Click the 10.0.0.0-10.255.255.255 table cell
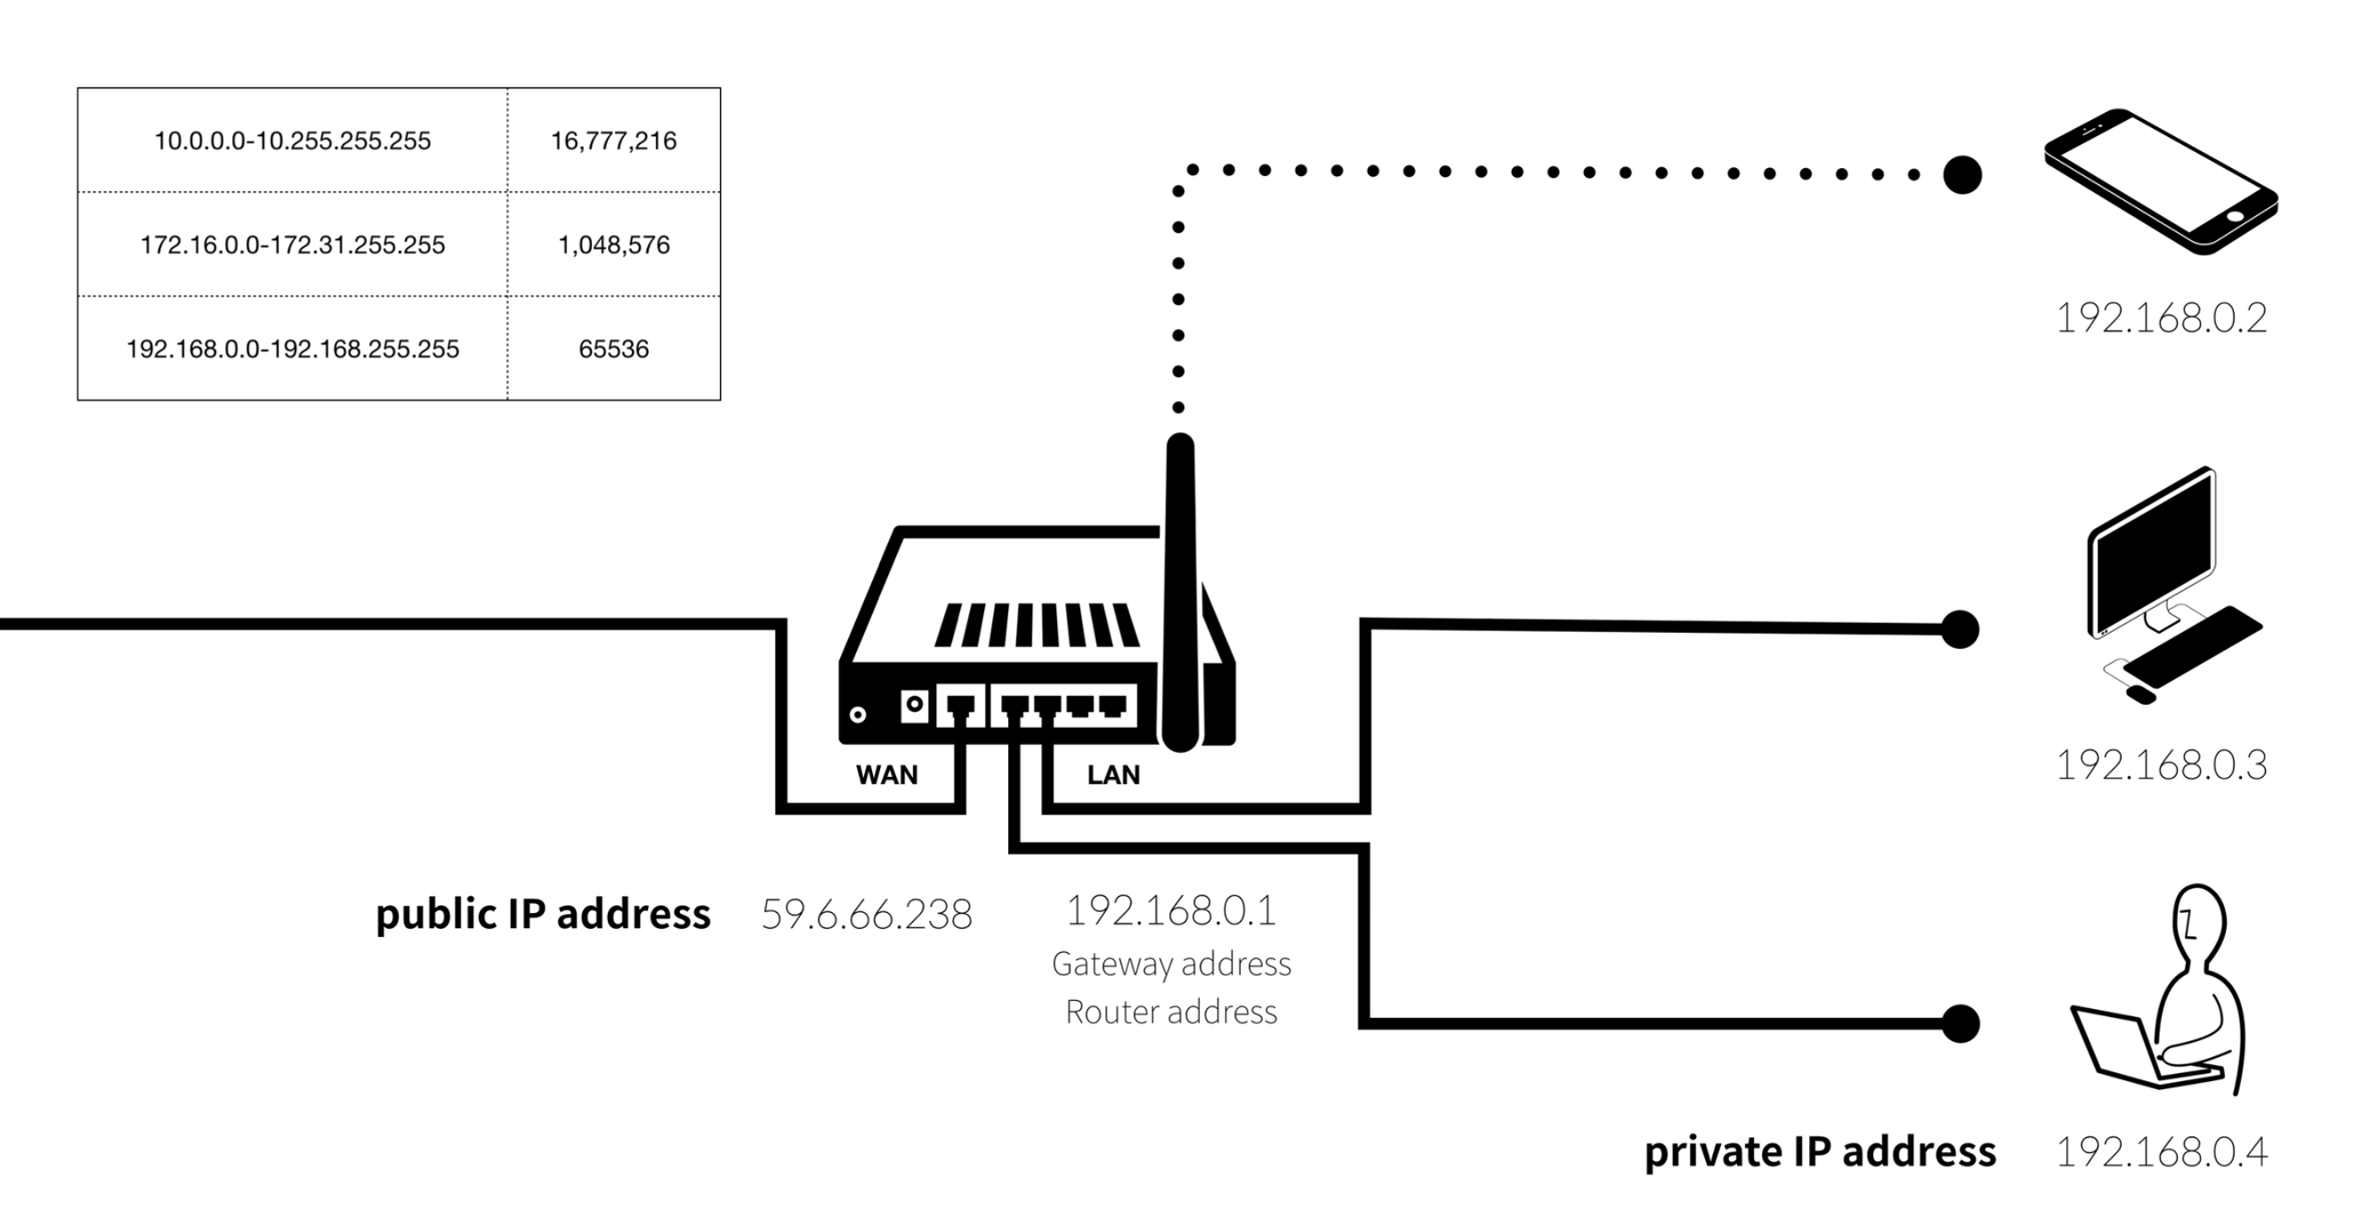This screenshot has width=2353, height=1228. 292,141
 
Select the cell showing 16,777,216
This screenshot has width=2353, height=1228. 614,141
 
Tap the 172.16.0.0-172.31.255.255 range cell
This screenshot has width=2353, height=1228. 292,245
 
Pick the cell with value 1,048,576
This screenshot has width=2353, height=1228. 614,245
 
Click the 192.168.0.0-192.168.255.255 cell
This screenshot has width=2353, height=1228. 292,349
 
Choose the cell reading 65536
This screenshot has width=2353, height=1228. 614,349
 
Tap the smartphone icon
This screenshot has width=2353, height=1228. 2160,182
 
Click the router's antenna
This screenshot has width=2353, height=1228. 1180,585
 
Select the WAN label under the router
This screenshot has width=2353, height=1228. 886,775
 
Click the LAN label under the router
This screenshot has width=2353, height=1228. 1113,775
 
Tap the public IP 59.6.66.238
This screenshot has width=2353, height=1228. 866,915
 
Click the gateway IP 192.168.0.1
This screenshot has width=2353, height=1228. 1171,910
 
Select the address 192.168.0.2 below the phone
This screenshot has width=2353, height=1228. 2161,319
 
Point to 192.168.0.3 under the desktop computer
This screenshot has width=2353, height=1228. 2161,765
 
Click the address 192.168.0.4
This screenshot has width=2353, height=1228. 2161,1152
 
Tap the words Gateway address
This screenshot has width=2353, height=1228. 1171,964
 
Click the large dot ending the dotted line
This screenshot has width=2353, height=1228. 1962,174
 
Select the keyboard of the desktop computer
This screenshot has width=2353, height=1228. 2192,646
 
